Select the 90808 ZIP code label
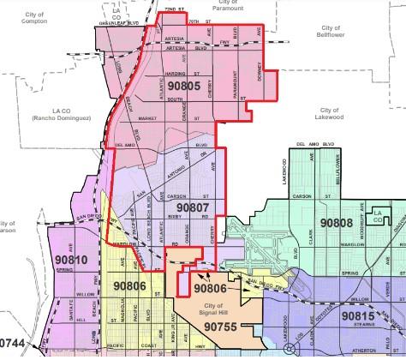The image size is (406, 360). click(x=336, y=222)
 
